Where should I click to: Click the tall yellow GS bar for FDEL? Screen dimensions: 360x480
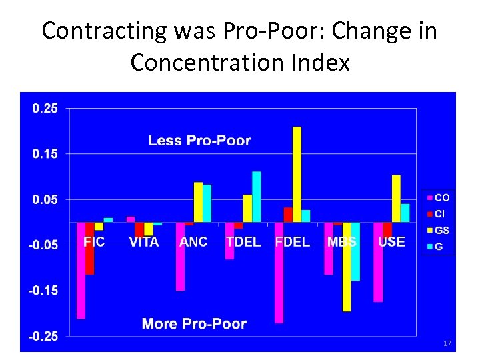coord(297,174)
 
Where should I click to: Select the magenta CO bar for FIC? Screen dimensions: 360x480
coord(81,270)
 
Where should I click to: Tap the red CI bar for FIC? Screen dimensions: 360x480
coord(89,248)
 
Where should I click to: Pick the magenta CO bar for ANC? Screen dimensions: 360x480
coord(180,256)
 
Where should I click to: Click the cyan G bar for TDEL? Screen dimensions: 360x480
coord(256,197)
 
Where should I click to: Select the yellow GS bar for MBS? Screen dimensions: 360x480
coord(347,267)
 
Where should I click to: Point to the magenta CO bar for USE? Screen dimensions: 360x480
coord(378,262)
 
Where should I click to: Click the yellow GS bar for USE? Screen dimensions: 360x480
coord(396,199)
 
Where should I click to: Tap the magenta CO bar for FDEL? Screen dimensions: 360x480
coord(279,273)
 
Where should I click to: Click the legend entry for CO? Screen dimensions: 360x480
coord(438,198)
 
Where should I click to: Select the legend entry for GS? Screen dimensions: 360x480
coord(438,231)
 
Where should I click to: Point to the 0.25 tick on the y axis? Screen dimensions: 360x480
coord(45,109)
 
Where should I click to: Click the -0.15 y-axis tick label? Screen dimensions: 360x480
coord(43,291)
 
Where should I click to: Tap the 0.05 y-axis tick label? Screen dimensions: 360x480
coord(45,199)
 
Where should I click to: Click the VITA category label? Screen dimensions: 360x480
coord(144,242)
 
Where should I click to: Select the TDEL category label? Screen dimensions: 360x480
coord(243,242)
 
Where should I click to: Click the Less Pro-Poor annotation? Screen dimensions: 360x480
coord(199,140)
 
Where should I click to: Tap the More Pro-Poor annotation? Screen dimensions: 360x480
coord(194,324)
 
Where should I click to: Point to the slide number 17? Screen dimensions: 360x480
coord(447,343)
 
